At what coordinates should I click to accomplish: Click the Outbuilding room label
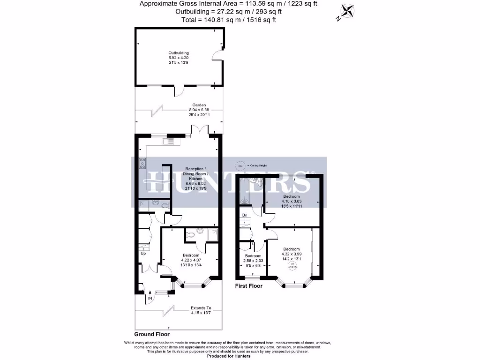click(179, 53)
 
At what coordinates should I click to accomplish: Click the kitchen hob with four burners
click(142, 163)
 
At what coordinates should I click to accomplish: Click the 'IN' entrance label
click(150, 298)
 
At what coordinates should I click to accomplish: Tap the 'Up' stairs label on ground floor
click(143, 254)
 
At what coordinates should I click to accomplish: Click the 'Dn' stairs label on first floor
click(244, 216)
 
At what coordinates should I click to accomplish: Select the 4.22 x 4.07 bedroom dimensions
click(191, 260)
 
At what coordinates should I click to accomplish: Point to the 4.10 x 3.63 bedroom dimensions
click(292, 201)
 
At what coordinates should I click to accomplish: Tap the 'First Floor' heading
click(248, 285)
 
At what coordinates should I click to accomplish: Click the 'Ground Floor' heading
click(152, 335)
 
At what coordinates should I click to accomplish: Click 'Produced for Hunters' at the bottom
click(229, 356)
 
